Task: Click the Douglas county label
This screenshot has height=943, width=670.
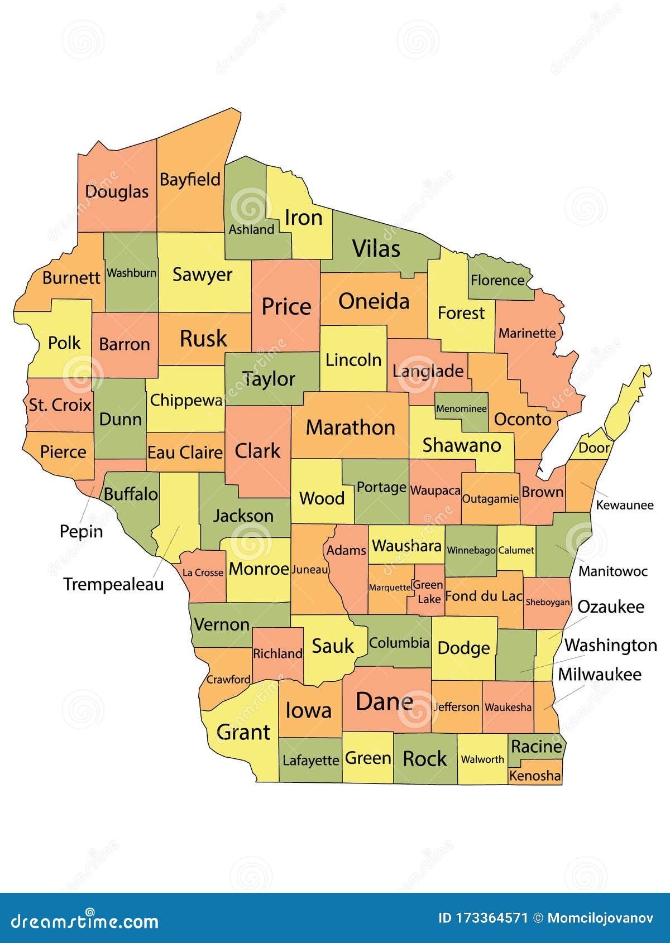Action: (117, 192)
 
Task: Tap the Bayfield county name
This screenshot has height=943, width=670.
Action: (190, 180)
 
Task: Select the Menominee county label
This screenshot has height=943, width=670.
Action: (461, 408)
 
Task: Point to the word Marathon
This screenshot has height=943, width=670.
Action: (351, 427)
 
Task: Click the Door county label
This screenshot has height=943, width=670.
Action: (594, 448)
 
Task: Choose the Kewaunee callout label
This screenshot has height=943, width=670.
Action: (624, 505)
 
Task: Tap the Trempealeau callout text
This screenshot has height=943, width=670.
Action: (113, 584)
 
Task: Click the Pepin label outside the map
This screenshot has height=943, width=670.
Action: (82, 531)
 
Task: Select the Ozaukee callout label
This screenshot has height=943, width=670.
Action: (610, 607)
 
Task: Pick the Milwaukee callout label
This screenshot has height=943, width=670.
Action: (599, 674)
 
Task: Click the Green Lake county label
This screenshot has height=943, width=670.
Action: (429, 592)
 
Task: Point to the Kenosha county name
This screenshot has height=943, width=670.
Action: (535, 776)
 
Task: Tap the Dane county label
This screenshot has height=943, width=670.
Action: (384, 701)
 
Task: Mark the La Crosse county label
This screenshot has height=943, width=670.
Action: (203, 572)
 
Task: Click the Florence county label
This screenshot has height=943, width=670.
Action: (497, 280)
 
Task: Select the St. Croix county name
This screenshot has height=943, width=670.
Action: (60, 405)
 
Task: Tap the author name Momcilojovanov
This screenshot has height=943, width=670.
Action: (602, 918)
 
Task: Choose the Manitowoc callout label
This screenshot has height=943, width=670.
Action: (612, 571)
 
